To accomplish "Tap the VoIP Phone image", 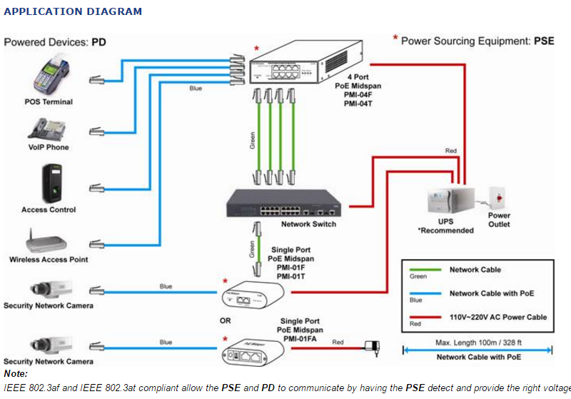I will click(x=47, y=128).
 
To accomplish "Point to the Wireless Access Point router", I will click(x=49, y=241).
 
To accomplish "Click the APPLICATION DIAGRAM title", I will click(x=73, y=11).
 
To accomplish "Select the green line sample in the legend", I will click(x=423, y=270).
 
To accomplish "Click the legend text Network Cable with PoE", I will click(x=492, y=293).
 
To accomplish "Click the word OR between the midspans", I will click(x=225, y=320).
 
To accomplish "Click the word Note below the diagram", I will click(x=16, y=373).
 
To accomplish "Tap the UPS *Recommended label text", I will click(x=445, y=226).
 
